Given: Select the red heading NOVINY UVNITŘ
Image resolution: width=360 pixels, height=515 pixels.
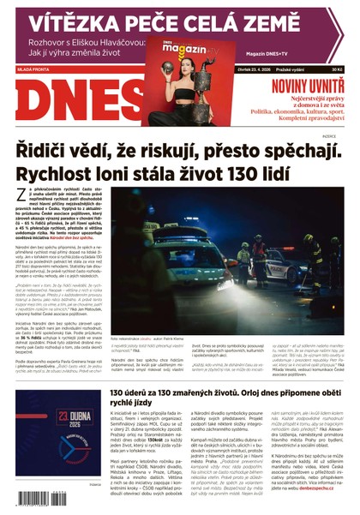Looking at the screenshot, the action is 303,87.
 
